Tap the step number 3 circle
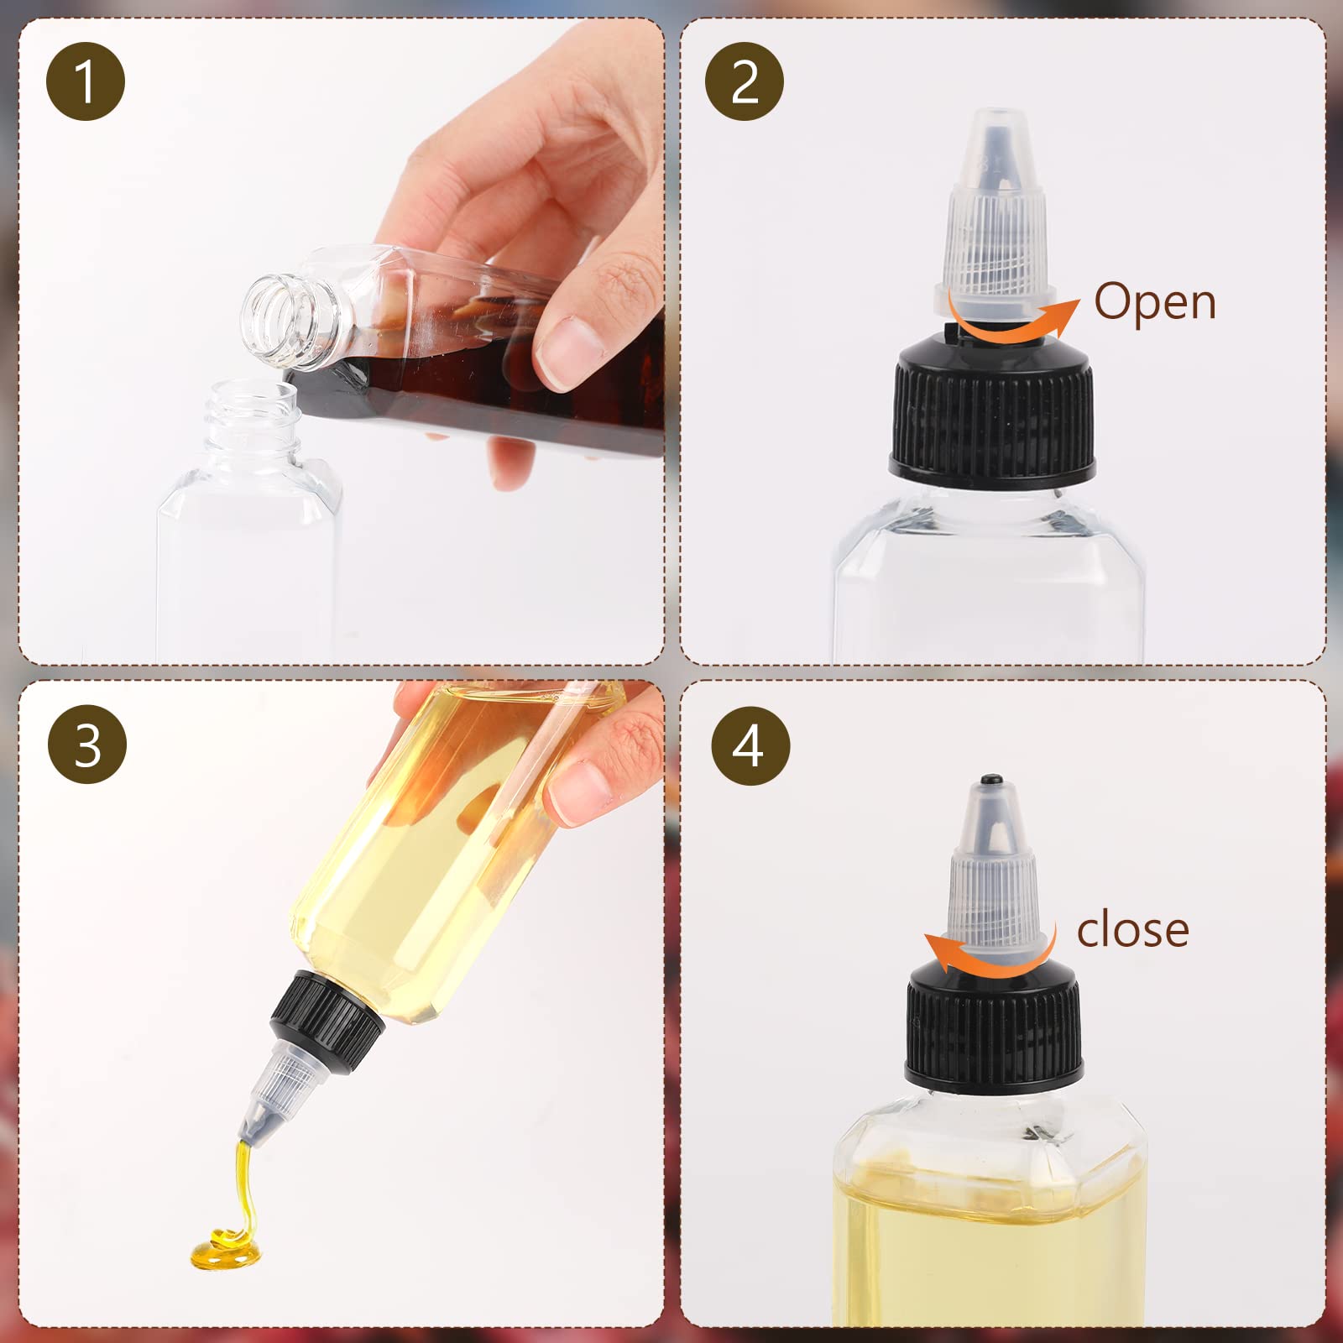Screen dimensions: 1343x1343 click(87, 744)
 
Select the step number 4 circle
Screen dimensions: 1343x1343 click(750, 745)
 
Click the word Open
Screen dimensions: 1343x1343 click(1154, 301)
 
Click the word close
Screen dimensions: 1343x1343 click(1132, 930)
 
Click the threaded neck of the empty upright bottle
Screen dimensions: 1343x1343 click(252, 415)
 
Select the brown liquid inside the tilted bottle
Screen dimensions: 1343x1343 click(470, 395)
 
